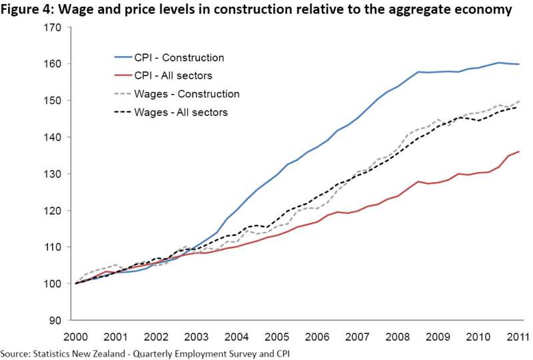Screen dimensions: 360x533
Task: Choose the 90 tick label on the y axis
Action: [x=55, y=320]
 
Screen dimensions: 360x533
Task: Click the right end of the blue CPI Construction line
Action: [x=518, y=64]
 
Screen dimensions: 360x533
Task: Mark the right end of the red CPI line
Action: [x=518, y=151]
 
